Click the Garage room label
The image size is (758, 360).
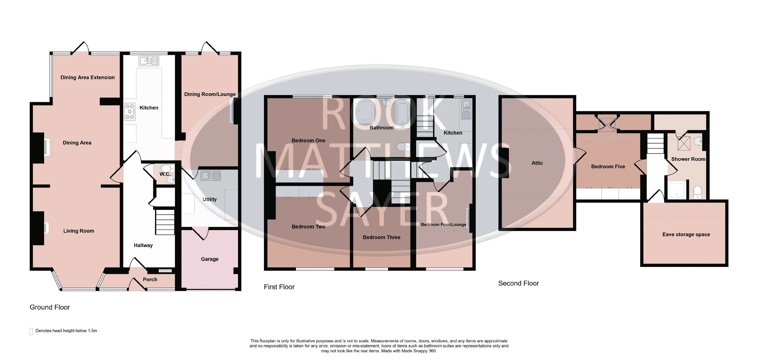[x=210, y=259]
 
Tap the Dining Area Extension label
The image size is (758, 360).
[x=87, y=77]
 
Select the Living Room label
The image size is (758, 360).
[x=79, y=231]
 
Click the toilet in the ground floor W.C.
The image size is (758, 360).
[x=170, y=168]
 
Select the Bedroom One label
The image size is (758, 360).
[x=308, y=141]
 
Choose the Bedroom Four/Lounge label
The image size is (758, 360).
[x=443, y=225]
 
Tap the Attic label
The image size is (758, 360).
[x=537, y=163]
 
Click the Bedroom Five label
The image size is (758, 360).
[x=608, y=166]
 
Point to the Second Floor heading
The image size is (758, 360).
[x=518, y=283]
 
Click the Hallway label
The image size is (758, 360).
[x=143, y=245]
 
